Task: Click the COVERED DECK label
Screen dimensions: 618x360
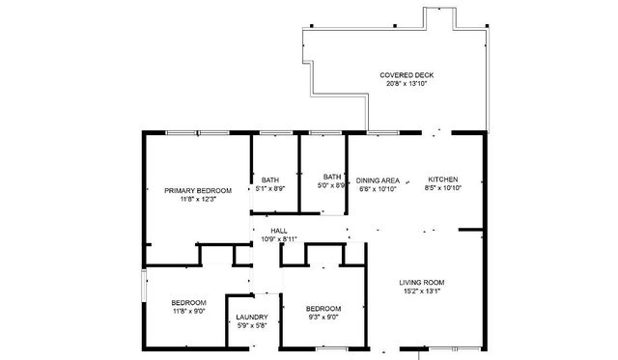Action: click(x=407, y=75)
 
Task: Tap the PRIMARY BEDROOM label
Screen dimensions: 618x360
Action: click(x=198, y=191)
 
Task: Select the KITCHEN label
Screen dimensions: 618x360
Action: click(x=443, y=180)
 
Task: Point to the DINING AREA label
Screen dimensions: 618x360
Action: click(x=378, y=180)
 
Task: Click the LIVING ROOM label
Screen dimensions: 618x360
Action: click(x=422, y=283)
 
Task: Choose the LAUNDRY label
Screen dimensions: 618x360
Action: click(x=252, y=318)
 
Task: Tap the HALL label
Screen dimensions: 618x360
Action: click(x=279, y=231)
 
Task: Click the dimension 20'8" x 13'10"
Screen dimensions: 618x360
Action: click(x=407, y=84)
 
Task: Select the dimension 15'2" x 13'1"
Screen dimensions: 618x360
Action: click(x=422, y=291)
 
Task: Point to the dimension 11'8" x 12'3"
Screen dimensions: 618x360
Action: click(x=198, y=199)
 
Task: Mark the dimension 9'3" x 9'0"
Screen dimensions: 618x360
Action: click(x=323, y=318)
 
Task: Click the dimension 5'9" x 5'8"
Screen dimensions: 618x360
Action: click(x=252, y=325)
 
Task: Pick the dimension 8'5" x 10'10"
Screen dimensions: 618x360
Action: click(x=443, y=188)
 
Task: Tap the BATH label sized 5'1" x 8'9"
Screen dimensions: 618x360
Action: click(x=270, y=180)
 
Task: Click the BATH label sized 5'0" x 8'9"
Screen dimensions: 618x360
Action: click(x=332, y=177)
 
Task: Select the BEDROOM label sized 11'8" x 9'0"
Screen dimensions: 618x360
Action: click(x=189, y=303)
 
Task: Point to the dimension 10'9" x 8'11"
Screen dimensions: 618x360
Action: click(x=279, y=239)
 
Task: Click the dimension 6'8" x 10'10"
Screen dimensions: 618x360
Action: click(x=378, y=189)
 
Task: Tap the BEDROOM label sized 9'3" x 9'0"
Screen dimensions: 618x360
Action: click(x=323, y=309)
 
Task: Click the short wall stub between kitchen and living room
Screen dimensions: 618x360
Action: click(x=470, y=230)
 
